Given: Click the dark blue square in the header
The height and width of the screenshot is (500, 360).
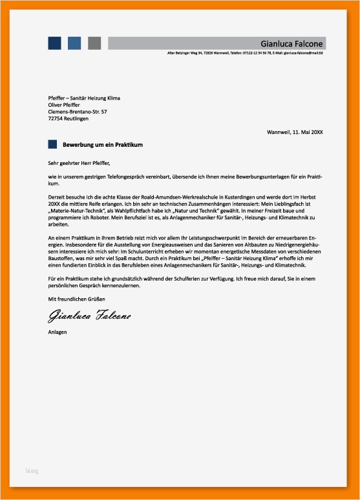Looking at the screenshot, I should click(54, 43).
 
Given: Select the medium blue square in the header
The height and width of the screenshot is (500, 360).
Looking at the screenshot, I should click(74, 43).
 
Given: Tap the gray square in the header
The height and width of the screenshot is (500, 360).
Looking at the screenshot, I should click(94, 43).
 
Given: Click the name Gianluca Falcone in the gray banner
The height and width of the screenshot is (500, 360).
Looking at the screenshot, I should click(292, 43).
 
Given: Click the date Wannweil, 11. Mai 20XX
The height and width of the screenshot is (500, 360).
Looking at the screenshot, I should click(295, 132).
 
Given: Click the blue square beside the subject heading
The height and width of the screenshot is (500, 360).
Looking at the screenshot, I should click(53, 144).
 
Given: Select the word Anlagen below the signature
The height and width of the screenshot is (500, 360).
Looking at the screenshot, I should click(58, 332).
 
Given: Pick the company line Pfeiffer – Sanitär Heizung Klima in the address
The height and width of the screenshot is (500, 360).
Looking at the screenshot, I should click(84, 98).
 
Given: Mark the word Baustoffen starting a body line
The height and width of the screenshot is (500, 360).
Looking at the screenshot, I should click(62, 259).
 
